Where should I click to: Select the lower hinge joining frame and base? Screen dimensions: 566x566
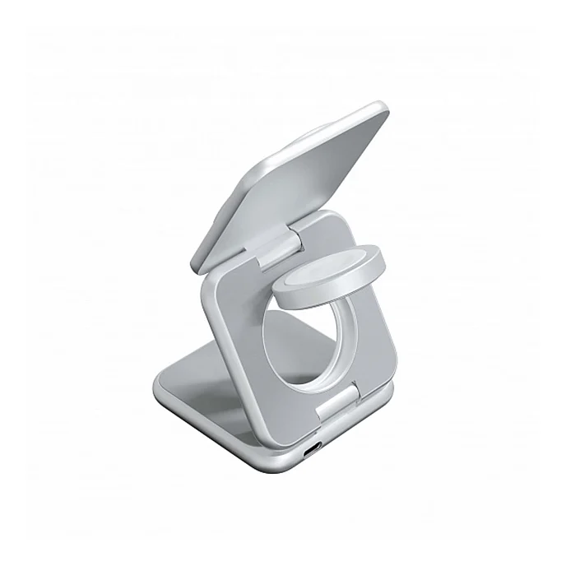coord(340,404)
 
